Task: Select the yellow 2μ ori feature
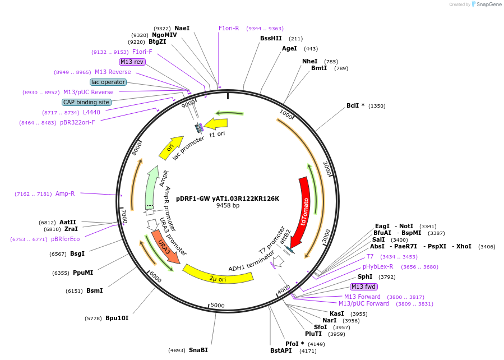point(218,275)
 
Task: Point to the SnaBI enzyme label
point(198,350)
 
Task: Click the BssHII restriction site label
point(271,39)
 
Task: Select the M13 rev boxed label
point(132,62)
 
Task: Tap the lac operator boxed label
point(108,82)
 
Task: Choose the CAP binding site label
point(86,102)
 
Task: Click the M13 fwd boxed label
point(363,287)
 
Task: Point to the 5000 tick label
point(218,306)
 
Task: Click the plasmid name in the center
point(228,199)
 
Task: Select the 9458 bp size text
point(228,206)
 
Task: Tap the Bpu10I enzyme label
point(117,318)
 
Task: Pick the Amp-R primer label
point(65,193)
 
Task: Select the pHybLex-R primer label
point(378,266)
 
